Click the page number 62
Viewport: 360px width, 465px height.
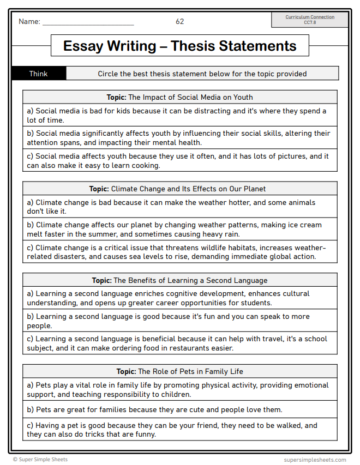click(179, 22)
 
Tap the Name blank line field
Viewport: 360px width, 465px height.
click(88, 23)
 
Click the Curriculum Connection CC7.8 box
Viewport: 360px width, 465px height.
click(310, 20)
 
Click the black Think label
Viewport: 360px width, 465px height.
click(39, 74)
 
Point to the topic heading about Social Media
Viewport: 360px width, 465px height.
click(179, 97)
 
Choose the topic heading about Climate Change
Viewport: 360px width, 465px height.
click(179, 189)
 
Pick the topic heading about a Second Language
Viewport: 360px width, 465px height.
click(179, 281)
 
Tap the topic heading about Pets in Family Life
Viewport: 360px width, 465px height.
click(179, 372)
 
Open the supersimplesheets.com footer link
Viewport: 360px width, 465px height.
click(315, 460)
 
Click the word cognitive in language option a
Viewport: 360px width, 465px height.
click(179, 294)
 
